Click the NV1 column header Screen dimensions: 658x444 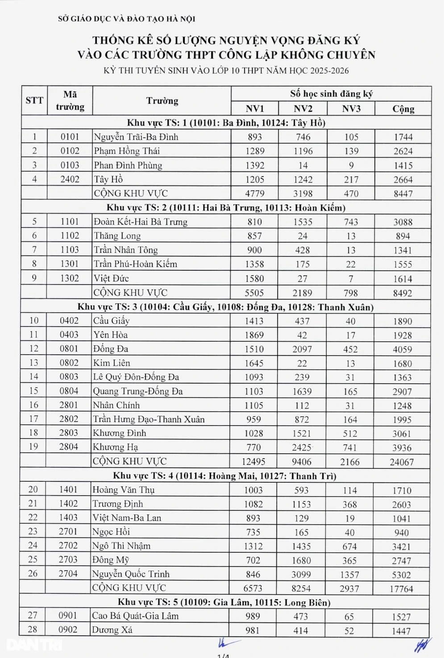pyautogui.click(x=255, y=109)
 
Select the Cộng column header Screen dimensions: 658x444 pyautogui.click(x=403, y=109)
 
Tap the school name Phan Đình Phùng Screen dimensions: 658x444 pyautogui.click(x=128, y=165)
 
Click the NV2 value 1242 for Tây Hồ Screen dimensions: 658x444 pyautogui.click(x=303, y=179)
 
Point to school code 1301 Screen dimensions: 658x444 pyautogui.click(x=70, y=264)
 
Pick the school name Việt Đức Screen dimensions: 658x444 pyautogui.click(x=111, y=278)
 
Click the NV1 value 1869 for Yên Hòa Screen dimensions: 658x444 pyautogui.click(x=254, y=335)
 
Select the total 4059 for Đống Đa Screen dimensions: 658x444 pyautogui.click(x=402, y=349)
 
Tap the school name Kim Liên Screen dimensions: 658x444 pyautogui.click(x=112, y=363)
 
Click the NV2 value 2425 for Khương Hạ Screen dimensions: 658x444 pyautogui.click(x=302, y=447)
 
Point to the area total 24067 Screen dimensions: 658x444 pyautogui.click(x=402, y=462)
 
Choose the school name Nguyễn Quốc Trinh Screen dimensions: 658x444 pyautogui.click(x=131, y=574)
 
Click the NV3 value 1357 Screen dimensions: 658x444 pyautogui.click(x=349, y=575)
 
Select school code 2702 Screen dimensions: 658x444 pyautogui.click(x=68, y=545)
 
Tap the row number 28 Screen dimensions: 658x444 pyautogui.click(x=33, y=629)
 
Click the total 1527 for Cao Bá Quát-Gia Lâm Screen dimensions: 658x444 pyautogui.click(x=401, y=617)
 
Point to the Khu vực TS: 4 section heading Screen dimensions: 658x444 pyautogui.click(x=224, y=476)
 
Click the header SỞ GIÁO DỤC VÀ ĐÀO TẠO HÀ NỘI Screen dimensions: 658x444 pyautogui.click(x=127, y=19)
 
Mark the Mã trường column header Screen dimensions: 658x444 pyautogui.click(x=70, y=101)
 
